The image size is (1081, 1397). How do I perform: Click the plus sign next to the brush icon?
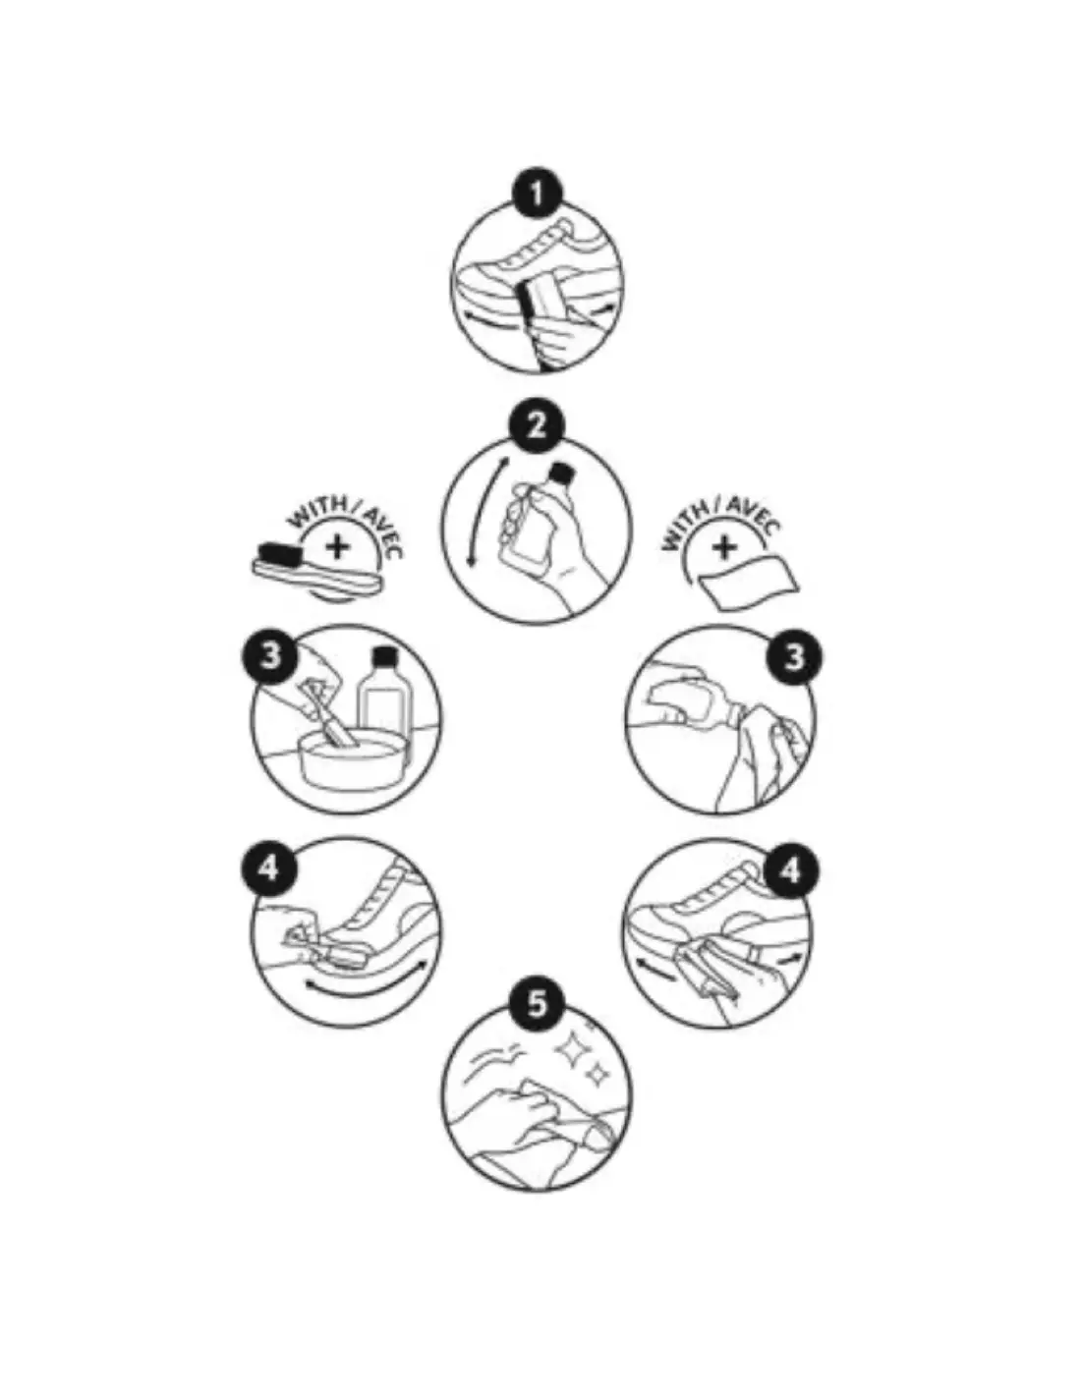pos(336,547)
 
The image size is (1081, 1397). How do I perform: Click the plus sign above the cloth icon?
pos(724,547)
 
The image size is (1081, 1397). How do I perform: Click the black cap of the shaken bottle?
pos(561,473)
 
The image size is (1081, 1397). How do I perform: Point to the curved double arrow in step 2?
pos(486,512)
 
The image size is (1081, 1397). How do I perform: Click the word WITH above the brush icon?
pos(316,513)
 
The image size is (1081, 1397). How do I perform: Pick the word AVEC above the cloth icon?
pos(754,516)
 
